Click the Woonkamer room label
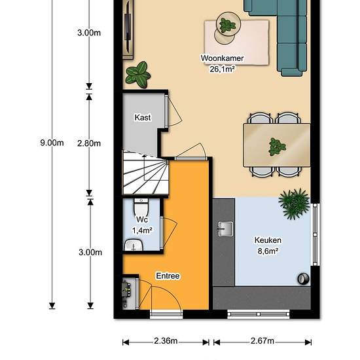(x=222, y=58)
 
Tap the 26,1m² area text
(x=222, y=69)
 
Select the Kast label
(x=143, y=118)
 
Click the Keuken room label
(x=268, y=240)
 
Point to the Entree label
(x=168, y=276)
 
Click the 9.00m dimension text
(x=52, y=143)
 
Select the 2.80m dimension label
(x=89, y=143)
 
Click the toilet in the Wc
(x=141, y=207)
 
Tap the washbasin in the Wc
(x=134, y=245)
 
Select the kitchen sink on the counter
(x=225, y=229)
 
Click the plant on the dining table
(x=277, y=147)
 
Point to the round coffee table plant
(x=227, y=25)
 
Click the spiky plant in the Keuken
(x=294, y=204)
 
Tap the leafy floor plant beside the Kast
(x=138, y=75)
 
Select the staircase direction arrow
(x=144, y=167)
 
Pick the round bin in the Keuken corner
(x=303, y=279)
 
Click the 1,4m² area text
(x=143, y=230)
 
